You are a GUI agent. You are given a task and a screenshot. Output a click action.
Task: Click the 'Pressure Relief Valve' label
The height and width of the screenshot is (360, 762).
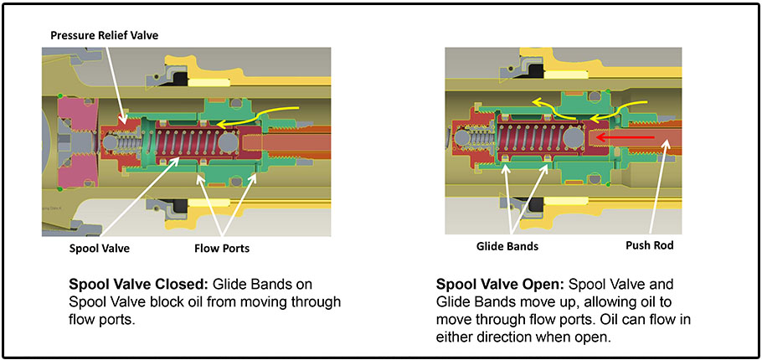click(x=104, y=36)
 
